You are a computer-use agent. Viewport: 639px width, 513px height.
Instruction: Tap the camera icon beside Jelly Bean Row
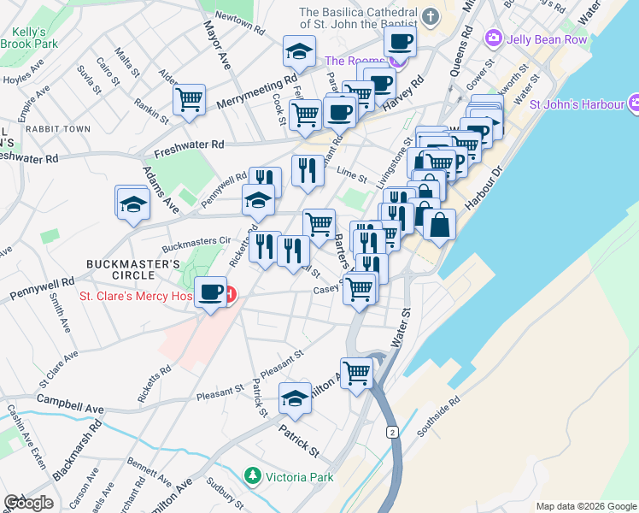click(x=493, y=38)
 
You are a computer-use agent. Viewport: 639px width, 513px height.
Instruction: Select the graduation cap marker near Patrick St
click(x=296, y=398)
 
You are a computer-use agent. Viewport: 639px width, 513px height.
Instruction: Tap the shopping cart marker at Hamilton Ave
click(x=357, y=372)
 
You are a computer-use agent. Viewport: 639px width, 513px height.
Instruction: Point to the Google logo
click(x=28, y=503)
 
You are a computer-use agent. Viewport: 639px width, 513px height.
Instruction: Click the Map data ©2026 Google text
click(x=586, y=506)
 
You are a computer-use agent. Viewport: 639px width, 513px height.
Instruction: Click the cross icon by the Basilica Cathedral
click(x=431, y=15)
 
